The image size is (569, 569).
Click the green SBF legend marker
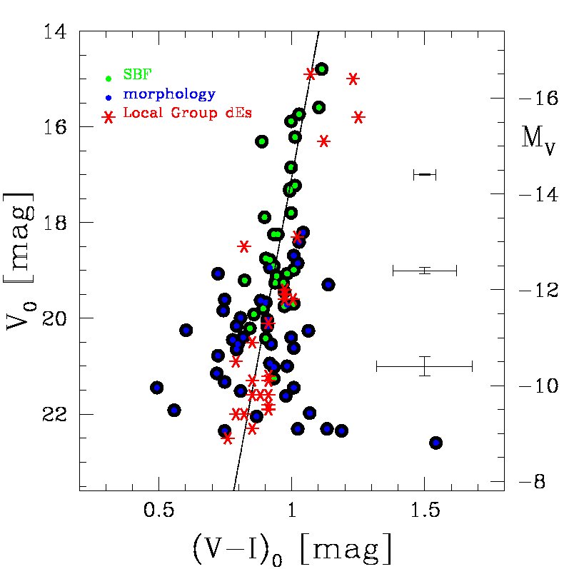[x=109, y=78]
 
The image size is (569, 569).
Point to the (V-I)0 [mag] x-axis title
[x=291, y=548]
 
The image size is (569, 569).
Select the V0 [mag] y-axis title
[x=20, y=261]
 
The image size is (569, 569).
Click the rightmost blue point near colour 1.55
[x=435, y=443]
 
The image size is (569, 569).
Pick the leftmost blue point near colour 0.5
[x=157, y=388]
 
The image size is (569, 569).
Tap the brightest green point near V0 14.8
[x=322, y=69]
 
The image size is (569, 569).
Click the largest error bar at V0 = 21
[x=425, y=366]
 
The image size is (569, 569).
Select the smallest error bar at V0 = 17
[x=425, y=174]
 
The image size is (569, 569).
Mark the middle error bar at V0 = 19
[x=425, y=270]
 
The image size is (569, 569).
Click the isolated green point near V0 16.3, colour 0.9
[x=262, y=141]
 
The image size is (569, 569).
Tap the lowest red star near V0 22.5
[x=228, y=438]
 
